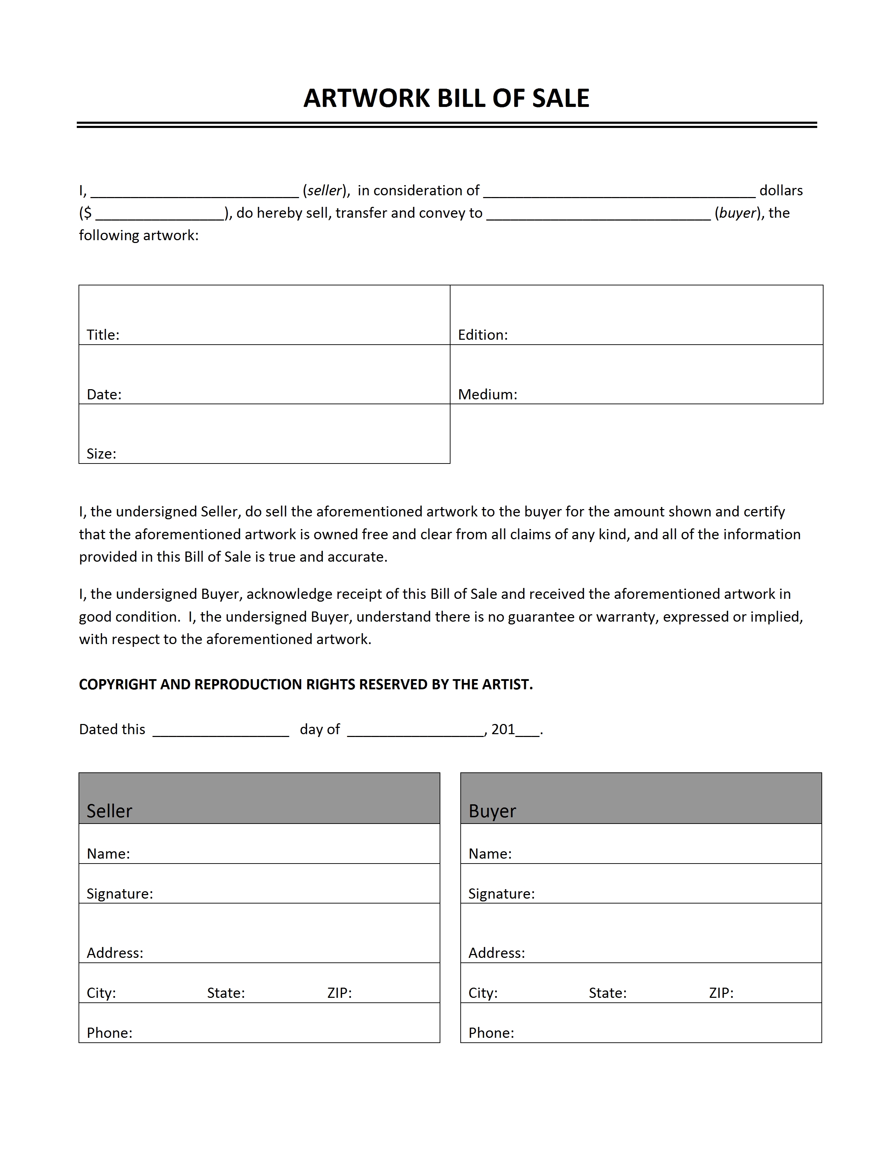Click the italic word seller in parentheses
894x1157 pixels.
(x=324, y=191)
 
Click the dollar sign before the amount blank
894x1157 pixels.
(x=87, y=213)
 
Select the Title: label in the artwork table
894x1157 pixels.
(x=103, y=335)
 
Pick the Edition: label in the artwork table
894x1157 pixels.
(x=482, y=335)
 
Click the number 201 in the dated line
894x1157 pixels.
(x=503, y=730)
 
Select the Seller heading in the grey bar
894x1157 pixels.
(x=109, y=811)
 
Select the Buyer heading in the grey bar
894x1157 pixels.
(x=492, y=811)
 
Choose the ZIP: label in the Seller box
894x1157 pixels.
(x=339, y=993)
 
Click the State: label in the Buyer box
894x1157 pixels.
(x=608, y=993)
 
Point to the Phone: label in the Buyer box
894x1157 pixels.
(x=491, y=1033)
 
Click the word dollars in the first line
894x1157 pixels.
(x=781, y=191)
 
